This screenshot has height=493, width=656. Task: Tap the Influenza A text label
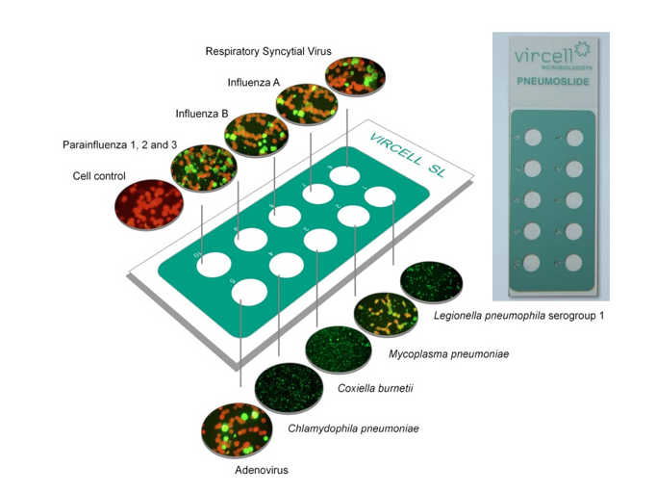click(253, 82)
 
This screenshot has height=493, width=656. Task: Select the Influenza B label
click(202, 114)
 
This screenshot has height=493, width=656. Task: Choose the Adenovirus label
click(262, 470)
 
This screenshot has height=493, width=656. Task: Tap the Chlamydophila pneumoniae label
click(353, 428)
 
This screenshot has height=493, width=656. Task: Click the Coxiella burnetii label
click(366, 389)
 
